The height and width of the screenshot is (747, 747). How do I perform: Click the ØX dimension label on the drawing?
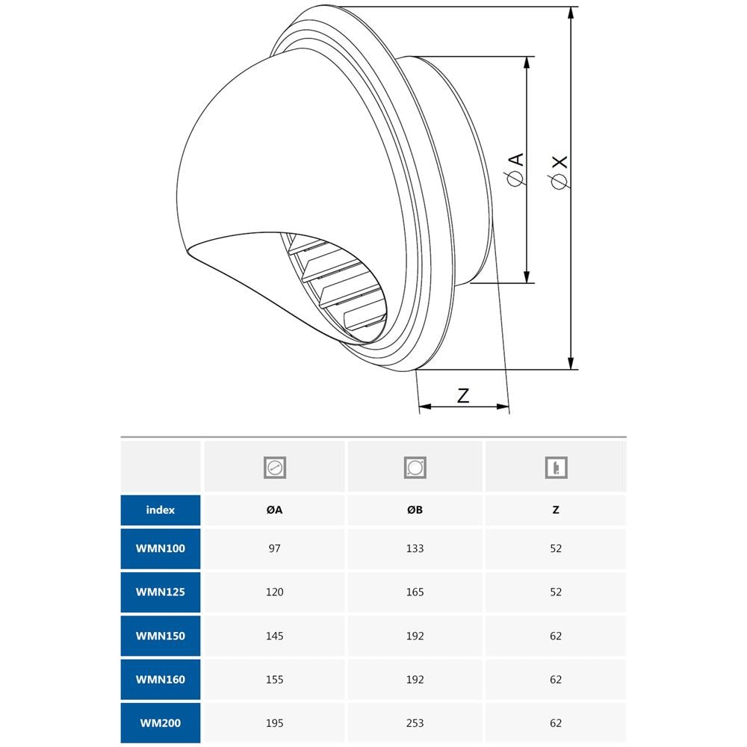558,173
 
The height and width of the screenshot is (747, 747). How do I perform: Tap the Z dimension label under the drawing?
463,395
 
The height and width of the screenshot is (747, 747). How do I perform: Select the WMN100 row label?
161,548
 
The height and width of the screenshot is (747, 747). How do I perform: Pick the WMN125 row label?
161,592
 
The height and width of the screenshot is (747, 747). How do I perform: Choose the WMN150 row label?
161,636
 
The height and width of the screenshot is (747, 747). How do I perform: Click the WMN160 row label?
161,679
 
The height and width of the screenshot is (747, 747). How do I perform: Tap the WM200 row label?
161,723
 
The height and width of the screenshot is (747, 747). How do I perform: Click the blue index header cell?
161,510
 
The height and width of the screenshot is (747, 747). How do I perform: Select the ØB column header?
415,510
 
